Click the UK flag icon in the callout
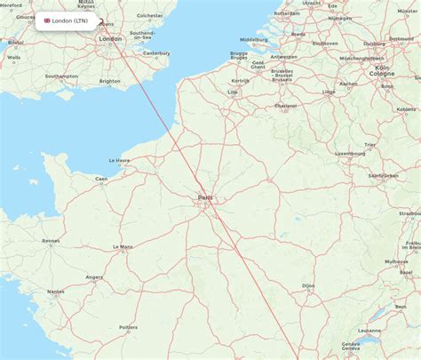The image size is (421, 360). click(x=47, y=20)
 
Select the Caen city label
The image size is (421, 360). click(x=102, y=179)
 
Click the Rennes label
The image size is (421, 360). click(x=51, y=240)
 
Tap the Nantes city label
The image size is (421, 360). click(x=56, y=291)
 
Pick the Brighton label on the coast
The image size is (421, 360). click(x=109, y=81)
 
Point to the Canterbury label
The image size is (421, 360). click(x=156, y=53)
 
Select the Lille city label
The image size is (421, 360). click(x=233, y=92)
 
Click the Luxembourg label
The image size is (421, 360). click(x=350, y=153)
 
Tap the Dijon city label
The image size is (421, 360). click(x=308, y=285)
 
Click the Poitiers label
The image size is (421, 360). click(x=128, y=328)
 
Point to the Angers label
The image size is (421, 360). click(x=93, y=276)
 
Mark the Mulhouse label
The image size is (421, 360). click(x=396, y=262)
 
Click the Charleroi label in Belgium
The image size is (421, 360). click(x=285, y=106)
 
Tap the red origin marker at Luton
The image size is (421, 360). click(x=101, y=23)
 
